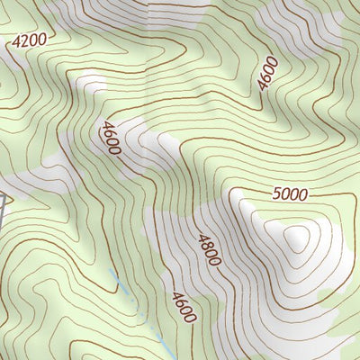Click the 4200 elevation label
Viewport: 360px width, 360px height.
point(28,41)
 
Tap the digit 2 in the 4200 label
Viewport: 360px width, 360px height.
point(24,41)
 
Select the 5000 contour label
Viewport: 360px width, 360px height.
point(289,194)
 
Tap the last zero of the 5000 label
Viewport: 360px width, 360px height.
point(302,193)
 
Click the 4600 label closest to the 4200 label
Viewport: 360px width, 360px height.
point(111,138)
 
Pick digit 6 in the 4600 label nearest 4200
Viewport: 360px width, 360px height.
point(109,133)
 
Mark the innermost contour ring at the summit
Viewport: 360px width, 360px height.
point(295,238)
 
